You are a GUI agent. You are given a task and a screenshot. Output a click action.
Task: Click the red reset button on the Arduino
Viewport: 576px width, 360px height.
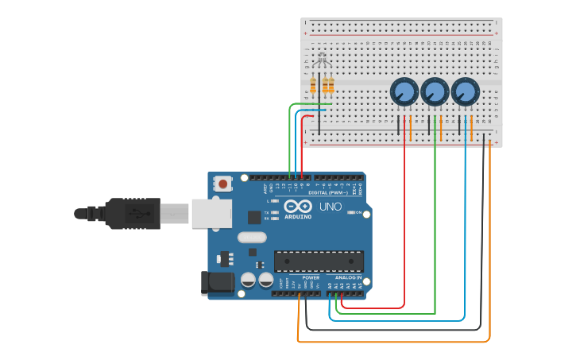click(x=222, y=184)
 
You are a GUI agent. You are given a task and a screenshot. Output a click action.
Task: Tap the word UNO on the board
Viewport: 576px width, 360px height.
click(x=331, y=207)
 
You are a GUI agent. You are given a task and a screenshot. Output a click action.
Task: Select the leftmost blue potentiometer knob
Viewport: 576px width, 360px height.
click(x=404, y=92)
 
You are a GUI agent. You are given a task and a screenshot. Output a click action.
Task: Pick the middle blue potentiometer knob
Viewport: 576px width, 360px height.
click(x=435, y=92)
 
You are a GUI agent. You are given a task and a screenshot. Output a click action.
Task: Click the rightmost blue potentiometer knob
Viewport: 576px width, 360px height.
click(x=466, y=92)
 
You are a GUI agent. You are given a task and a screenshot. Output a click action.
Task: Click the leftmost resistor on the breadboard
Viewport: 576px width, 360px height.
click(x=313, y=86)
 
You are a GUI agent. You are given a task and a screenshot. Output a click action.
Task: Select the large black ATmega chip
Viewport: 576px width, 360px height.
click(x=319, y=261)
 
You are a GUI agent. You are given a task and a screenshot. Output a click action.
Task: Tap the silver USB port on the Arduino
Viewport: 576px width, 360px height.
click(x=212, y=213)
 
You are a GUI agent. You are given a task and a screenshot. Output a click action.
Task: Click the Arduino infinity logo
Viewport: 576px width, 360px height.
click(x=298, y=206)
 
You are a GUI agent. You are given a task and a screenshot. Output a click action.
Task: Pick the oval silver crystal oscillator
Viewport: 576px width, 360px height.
click(x=251, y=236)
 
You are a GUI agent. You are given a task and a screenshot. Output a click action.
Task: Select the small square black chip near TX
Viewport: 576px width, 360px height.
click(x=254, y=216)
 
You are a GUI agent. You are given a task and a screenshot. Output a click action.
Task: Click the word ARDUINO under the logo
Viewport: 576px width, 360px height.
click(x=299, y=216)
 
